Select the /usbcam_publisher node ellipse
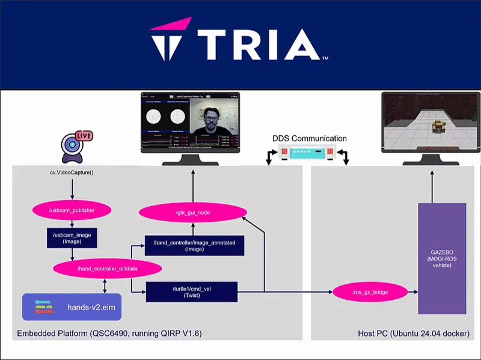point(72,210)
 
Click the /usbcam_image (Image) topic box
point(72,238)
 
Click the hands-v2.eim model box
point(72,307)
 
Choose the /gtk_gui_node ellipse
point(193,213)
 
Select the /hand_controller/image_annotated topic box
point(194,245)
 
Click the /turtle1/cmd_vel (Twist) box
point(192,291)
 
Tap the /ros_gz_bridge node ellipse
point(370,292)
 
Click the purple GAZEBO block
point(441,258)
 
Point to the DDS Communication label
point(309,138)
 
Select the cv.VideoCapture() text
point(72,172)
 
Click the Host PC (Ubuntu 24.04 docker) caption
point(413,334)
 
